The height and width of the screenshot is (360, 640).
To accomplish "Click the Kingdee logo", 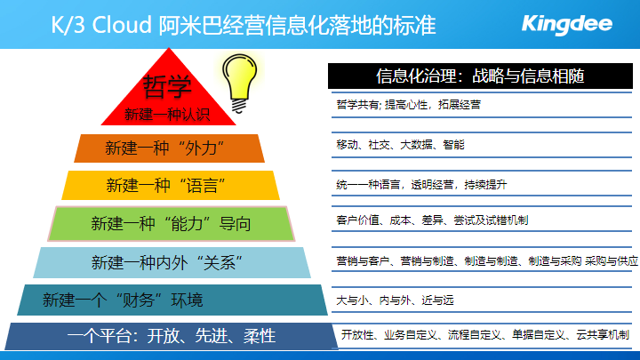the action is pos(567,25).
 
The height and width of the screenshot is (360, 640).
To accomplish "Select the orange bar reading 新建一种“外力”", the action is pos(169,148).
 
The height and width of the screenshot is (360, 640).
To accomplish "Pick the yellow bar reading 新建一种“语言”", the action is pos(171,185).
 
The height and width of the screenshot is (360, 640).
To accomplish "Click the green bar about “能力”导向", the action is pos(171,224).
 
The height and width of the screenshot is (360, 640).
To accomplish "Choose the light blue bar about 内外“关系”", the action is pos(172,262).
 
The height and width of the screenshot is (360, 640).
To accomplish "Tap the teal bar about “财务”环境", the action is pos(172,300).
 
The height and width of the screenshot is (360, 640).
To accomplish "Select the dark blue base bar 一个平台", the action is pos(172,336).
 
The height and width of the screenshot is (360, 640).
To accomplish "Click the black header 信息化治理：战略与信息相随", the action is pos(480,76).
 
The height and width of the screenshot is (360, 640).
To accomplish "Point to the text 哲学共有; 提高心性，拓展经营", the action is pos(408,105).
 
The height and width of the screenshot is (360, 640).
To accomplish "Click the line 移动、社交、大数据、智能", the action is pos(400,145).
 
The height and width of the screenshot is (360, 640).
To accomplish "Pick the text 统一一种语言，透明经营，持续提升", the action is pos(421,185).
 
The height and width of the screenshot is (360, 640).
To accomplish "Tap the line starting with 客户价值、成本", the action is pos(432,220).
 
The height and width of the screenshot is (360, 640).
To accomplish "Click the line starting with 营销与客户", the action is pos(487,260).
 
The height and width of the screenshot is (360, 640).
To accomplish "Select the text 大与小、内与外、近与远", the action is pos(395,300).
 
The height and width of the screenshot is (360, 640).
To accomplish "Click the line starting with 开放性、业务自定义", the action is pos(485,335).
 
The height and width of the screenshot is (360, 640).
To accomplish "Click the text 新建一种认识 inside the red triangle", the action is pos(167,115).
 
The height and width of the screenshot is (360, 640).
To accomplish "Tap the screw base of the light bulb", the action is pos(239,106).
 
